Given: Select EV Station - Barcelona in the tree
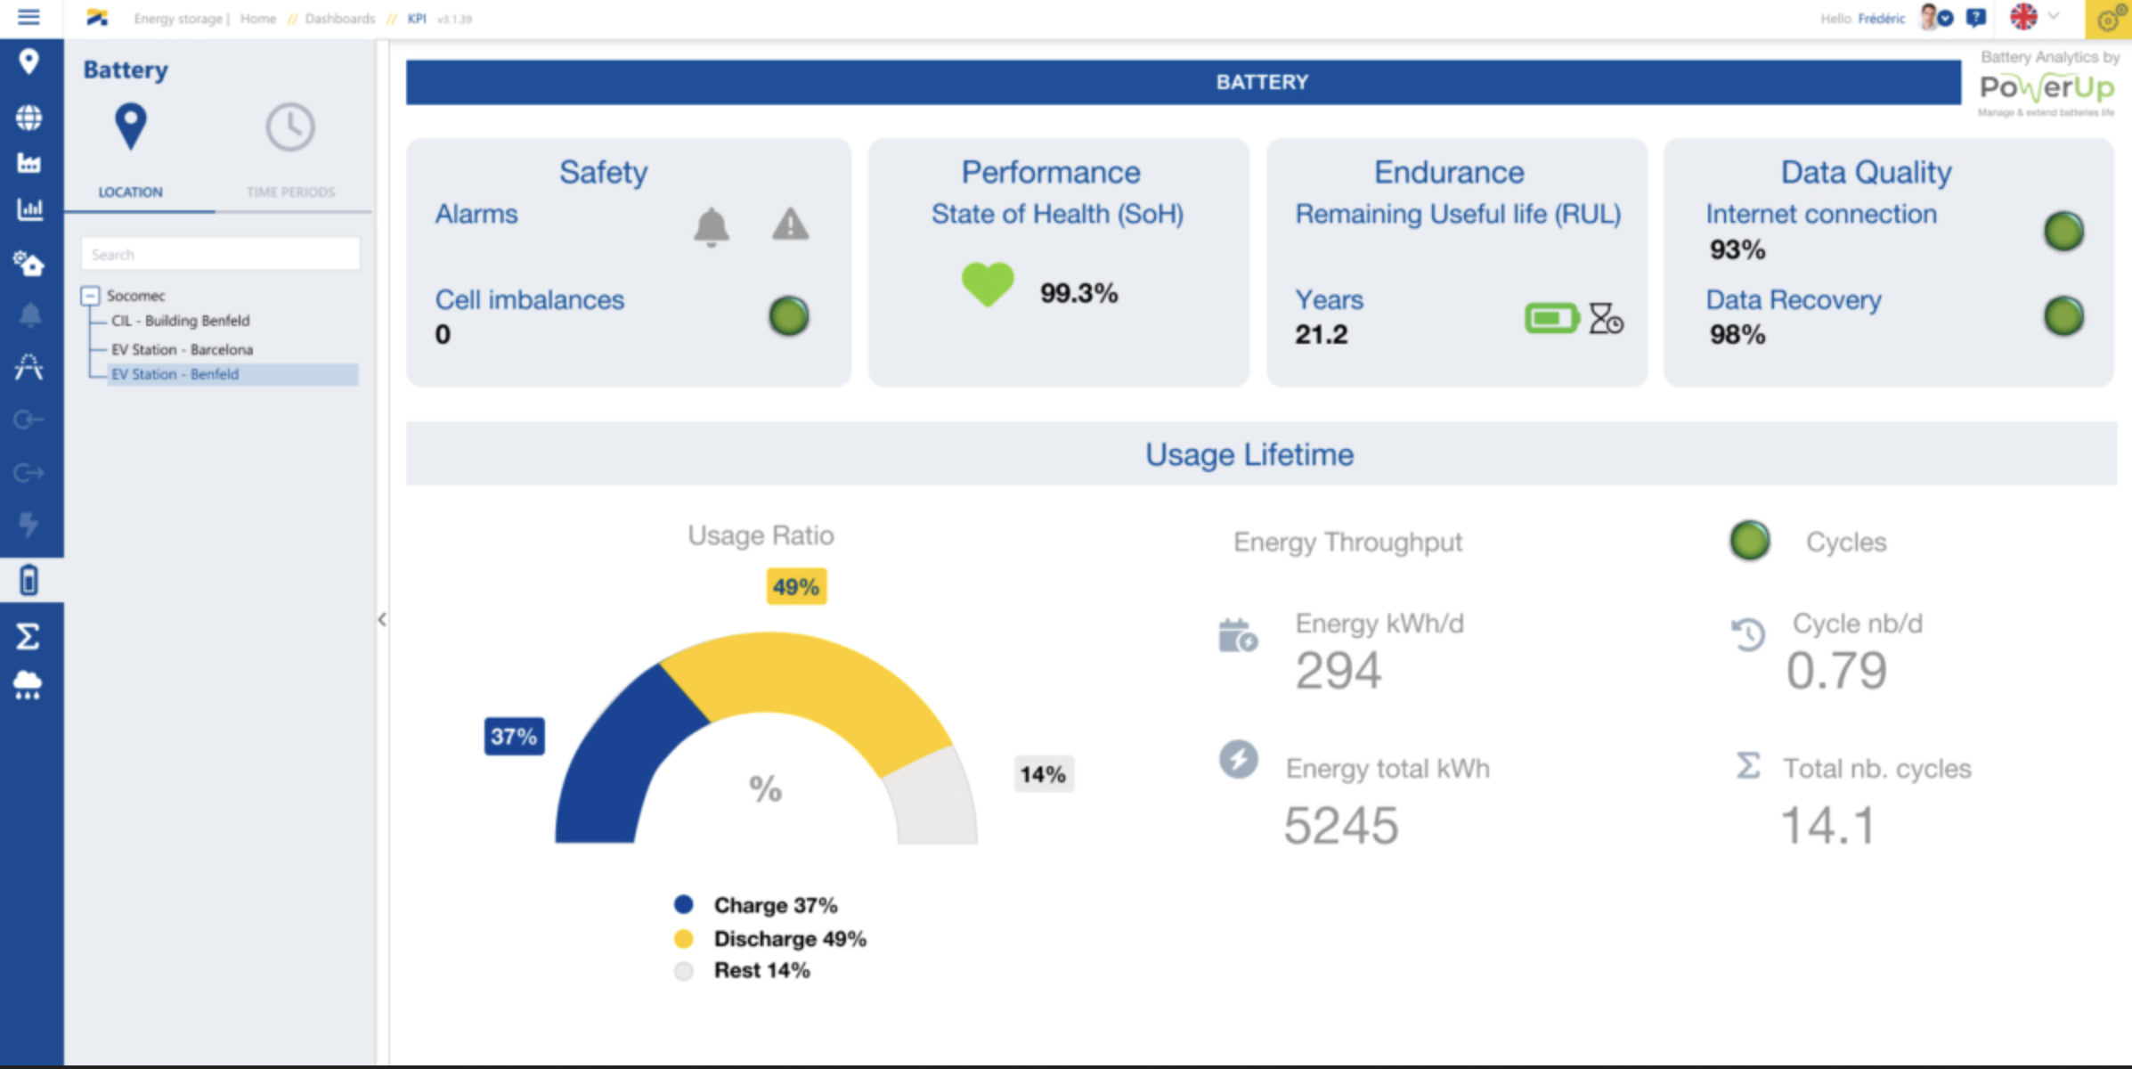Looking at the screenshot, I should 182,349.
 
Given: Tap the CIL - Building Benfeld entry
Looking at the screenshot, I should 180,321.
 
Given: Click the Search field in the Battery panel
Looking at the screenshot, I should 220,254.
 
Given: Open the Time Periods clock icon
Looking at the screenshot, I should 290,127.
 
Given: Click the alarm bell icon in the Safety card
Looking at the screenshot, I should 711,226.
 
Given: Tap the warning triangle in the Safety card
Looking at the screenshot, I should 790,224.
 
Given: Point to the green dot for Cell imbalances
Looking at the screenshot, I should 788,316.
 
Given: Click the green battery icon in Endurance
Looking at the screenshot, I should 1550,318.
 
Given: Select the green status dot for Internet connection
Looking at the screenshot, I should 2063,232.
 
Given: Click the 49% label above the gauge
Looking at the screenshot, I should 796,587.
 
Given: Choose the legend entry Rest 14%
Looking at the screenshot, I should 761,970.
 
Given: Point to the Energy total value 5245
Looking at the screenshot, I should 1340,826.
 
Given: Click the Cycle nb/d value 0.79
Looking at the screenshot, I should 1836,671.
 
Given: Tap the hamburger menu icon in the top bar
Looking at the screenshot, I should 28,17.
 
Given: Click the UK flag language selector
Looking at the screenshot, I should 2023,17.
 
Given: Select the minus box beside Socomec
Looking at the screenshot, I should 90,295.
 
